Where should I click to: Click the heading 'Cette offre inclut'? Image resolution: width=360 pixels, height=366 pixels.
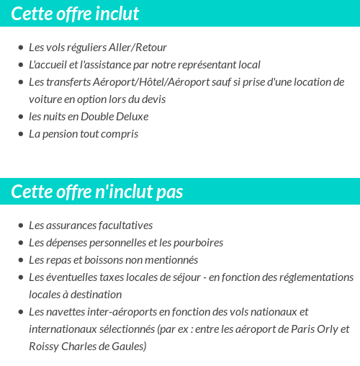pos(76,14)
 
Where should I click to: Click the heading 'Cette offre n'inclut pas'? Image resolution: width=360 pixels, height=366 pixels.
pos(97,192)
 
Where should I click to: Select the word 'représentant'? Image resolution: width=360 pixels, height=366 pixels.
pos(197,65)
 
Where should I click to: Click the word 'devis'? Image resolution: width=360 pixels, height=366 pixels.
pos(151,99)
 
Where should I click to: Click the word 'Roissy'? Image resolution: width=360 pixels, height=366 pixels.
pos(44,347)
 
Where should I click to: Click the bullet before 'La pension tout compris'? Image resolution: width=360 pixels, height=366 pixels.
pos(20,134)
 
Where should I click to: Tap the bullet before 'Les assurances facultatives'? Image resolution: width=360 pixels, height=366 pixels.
pos(20,226)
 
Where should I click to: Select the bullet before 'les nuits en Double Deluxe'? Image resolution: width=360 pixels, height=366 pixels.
pos(20,117)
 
